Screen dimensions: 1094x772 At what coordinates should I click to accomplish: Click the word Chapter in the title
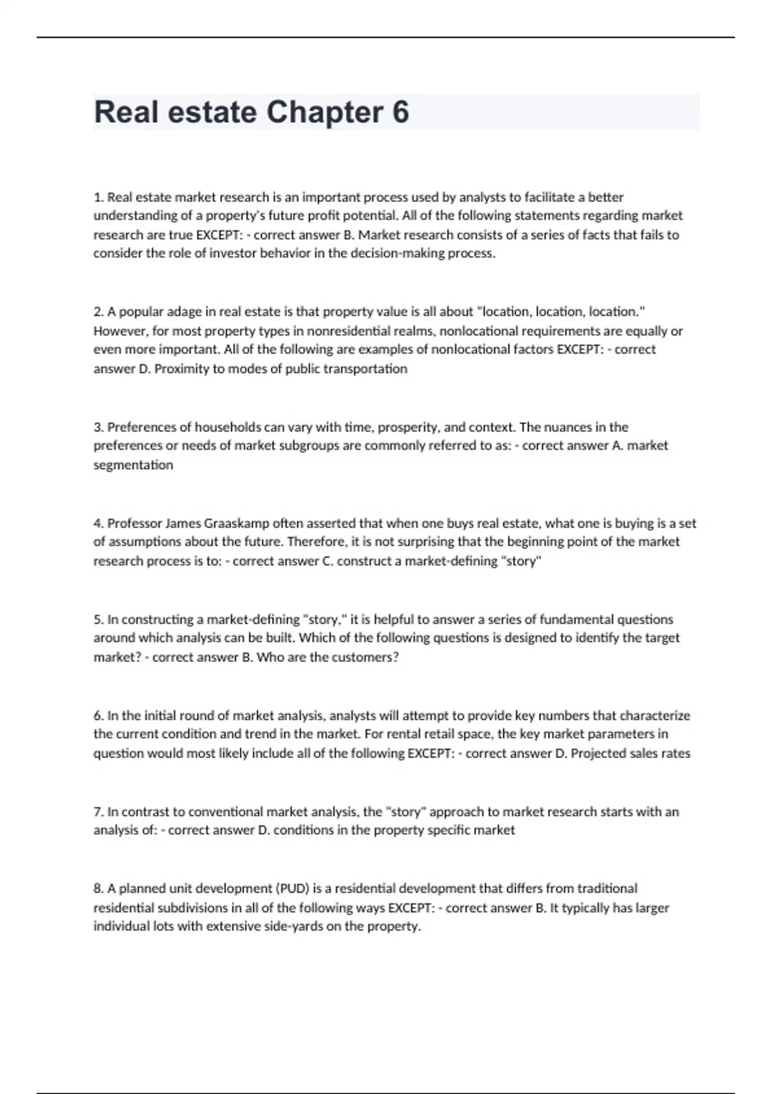(x=324, y=112)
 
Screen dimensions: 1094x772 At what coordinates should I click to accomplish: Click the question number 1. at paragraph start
(x=98, y=197)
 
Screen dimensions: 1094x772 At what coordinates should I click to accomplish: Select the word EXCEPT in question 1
(x=218, y=235)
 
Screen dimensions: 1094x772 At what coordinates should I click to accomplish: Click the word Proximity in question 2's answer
(x=181, y=369)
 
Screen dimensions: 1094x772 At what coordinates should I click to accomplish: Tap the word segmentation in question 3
(x=133, y=465)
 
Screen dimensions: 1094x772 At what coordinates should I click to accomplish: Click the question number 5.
(x=98, y=619)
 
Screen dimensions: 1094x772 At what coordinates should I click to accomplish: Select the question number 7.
(x=98, y=811)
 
